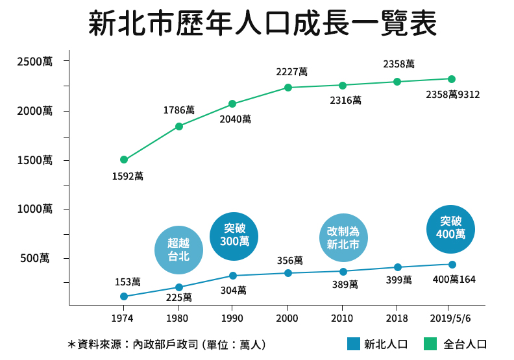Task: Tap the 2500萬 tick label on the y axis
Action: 35,62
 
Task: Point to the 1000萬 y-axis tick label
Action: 35,209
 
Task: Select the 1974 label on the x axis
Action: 123,319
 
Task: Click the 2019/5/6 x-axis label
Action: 452,319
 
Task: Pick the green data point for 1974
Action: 123,160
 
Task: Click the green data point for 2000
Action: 288,88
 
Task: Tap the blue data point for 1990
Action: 233,276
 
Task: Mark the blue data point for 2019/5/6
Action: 452,264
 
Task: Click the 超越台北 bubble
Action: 178,250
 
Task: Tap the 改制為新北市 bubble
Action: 343,238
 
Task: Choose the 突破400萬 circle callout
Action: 451,227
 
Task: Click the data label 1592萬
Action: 127,176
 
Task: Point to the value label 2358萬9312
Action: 452,95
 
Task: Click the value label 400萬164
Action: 454,280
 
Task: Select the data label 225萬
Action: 178,297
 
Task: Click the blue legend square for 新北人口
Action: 353,344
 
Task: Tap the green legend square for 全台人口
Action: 430,344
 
